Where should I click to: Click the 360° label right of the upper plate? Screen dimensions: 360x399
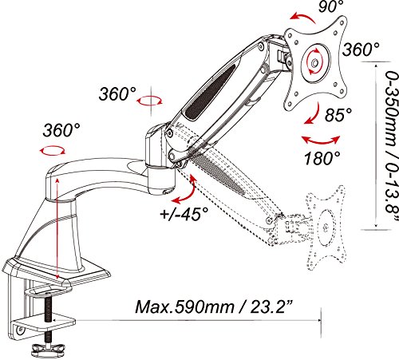point(359,49)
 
